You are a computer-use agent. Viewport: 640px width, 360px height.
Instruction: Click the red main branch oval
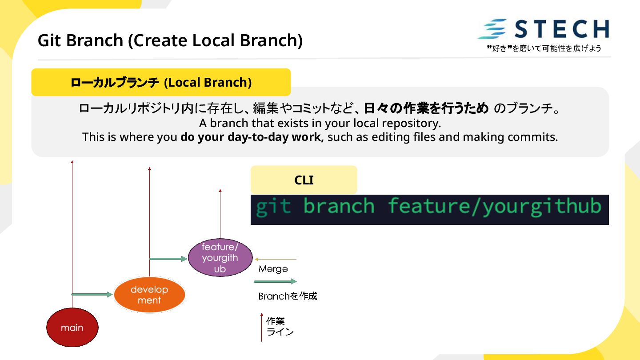click(x=72, y=328)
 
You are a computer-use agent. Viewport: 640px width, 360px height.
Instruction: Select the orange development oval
click(x=149, y=295)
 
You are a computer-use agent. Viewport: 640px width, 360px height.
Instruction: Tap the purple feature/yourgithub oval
click(x=220, y=258)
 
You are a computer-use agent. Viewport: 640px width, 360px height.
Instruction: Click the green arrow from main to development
click(x=92, y=294)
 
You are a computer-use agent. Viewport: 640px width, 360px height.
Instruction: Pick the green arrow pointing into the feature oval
click(x=168, y=259)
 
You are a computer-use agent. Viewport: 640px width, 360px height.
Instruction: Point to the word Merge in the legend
click(x=273, y=269)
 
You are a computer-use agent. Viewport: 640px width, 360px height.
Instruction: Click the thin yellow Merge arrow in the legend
click(x=276, y=260)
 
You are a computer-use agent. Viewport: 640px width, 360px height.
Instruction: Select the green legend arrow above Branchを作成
click(x=275, y=281)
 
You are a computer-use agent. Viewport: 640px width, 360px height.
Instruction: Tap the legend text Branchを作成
click(x=288, y=296)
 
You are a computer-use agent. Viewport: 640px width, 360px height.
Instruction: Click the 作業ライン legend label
click(x=280, y=327)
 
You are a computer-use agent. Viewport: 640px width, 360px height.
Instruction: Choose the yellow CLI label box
click(x=304, y=180)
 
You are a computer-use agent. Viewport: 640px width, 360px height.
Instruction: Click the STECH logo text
click(x=562, y=29)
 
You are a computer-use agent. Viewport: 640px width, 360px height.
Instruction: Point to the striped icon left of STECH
click(x=492, y=29)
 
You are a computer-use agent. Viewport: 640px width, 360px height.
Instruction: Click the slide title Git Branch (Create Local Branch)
click(x=170, y=40)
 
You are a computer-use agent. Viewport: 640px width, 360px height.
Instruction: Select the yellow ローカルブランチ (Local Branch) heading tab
click(x=161, y=82)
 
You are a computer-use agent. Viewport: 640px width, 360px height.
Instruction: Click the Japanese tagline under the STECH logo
click(x=544, y=48)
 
